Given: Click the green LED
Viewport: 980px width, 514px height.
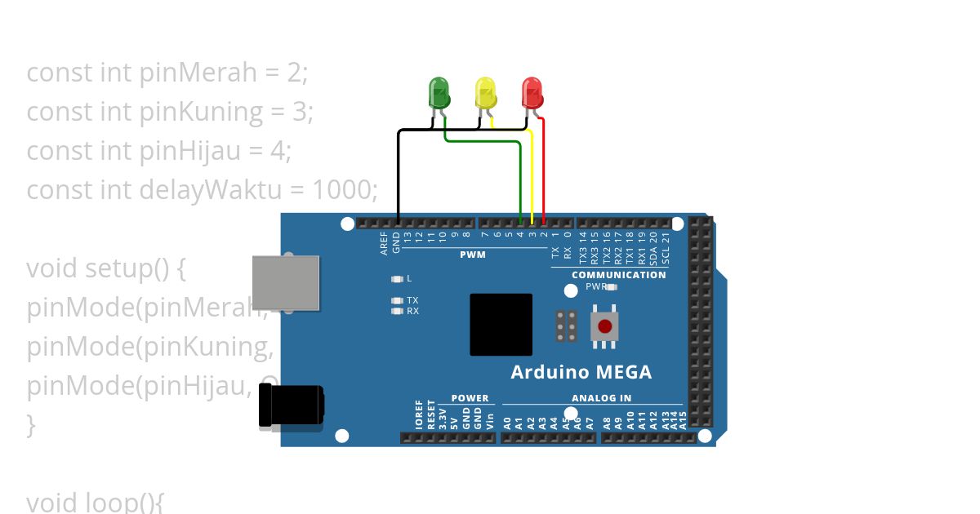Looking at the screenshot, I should coord(439,93).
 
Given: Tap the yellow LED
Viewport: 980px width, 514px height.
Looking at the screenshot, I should coord(485,93).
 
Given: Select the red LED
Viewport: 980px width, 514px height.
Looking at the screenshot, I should coord(532,93).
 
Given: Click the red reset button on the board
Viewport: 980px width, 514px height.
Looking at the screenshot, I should coord(604,327).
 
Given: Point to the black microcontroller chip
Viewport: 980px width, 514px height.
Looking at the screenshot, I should coord(501,325).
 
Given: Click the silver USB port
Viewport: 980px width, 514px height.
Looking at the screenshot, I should coord(286,282).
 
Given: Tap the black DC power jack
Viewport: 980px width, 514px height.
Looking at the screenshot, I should coord(290,405).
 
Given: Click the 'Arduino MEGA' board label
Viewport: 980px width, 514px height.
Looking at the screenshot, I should coord(581,373).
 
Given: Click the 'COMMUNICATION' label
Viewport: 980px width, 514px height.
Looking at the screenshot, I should coord(618,275).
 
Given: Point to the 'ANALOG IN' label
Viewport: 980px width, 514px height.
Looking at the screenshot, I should coord(601,398).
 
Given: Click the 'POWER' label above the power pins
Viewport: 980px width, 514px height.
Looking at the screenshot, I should coord(470,398).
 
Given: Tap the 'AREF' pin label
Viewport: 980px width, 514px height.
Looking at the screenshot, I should coord(385,242).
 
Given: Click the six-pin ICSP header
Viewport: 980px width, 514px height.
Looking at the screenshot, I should coord(567,326).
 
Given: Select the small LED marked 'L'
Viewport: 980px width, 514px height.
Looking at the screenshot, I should coord(398,279).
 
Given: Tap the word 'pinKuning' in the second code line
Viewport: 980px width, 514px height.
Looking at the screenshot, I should coord(202,112).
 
